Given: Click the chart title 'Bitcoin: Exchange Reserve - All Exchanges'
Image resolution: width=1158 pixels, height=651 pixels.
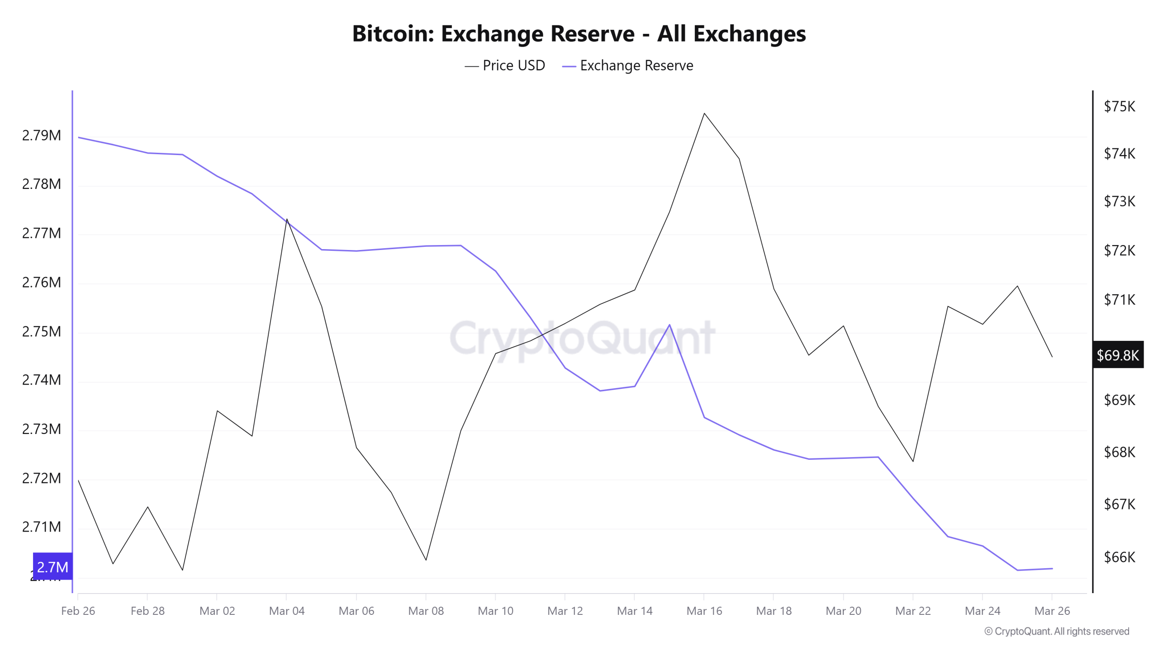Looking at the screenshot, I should (579, 34).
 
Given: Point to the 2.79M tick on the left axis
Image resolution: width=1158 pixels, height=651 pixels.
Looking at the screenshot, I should (42, 135).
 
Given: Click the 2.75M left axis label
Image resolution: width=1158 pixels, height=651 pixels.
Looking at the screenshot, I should (42, 331).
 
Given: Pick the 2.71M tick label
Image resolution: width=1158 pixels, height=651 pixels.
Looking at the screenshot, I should (42, 527).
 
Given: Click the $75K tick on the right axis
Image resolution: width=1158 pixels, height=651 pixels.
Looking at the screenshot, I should (1119, 107).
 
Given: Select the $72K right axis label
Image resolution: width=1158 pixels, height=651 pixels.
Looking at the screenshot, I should (1119, 250).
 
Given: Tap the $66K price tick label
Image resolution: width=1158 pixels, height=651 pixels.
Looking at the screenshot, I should (1119, 557).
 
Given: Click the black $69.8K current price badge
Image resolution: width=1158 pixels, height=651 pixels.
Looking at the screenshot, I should (1118, 355).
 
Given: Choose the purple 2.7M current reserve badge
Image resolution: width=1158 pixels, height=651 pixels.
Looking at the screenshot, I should (52, 566).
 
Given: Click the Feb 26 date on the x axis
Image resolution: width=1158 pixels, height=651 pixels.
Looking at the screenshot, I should (78, 611).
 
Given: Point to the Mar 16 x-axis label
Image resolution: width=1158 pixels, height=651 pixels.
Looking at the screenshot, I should (704, 611).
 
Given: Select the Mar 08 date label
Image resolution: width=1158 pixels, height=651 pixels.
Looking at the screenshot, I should (426, 611).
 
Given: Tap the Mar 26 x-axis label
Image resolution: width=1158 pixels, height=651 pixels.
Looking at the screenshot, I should (1052, 611).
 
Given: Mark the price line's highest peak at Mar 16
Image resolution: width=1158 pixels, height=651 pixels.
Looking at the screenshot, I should (704, 113).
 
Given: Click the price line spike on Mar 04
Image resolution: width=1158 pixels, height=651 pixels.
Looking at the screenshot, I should (287, 220).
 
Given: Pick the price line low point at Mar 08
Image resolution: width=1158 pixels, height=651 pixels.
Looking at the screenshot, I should (426, 560).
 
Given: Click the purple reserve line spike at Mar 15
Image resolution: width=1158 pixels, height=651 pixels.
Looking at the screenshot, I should (669, 325).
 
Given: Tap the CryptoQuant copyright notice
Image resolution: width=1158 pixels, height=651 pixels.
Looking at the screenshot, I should (1057, 631).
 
